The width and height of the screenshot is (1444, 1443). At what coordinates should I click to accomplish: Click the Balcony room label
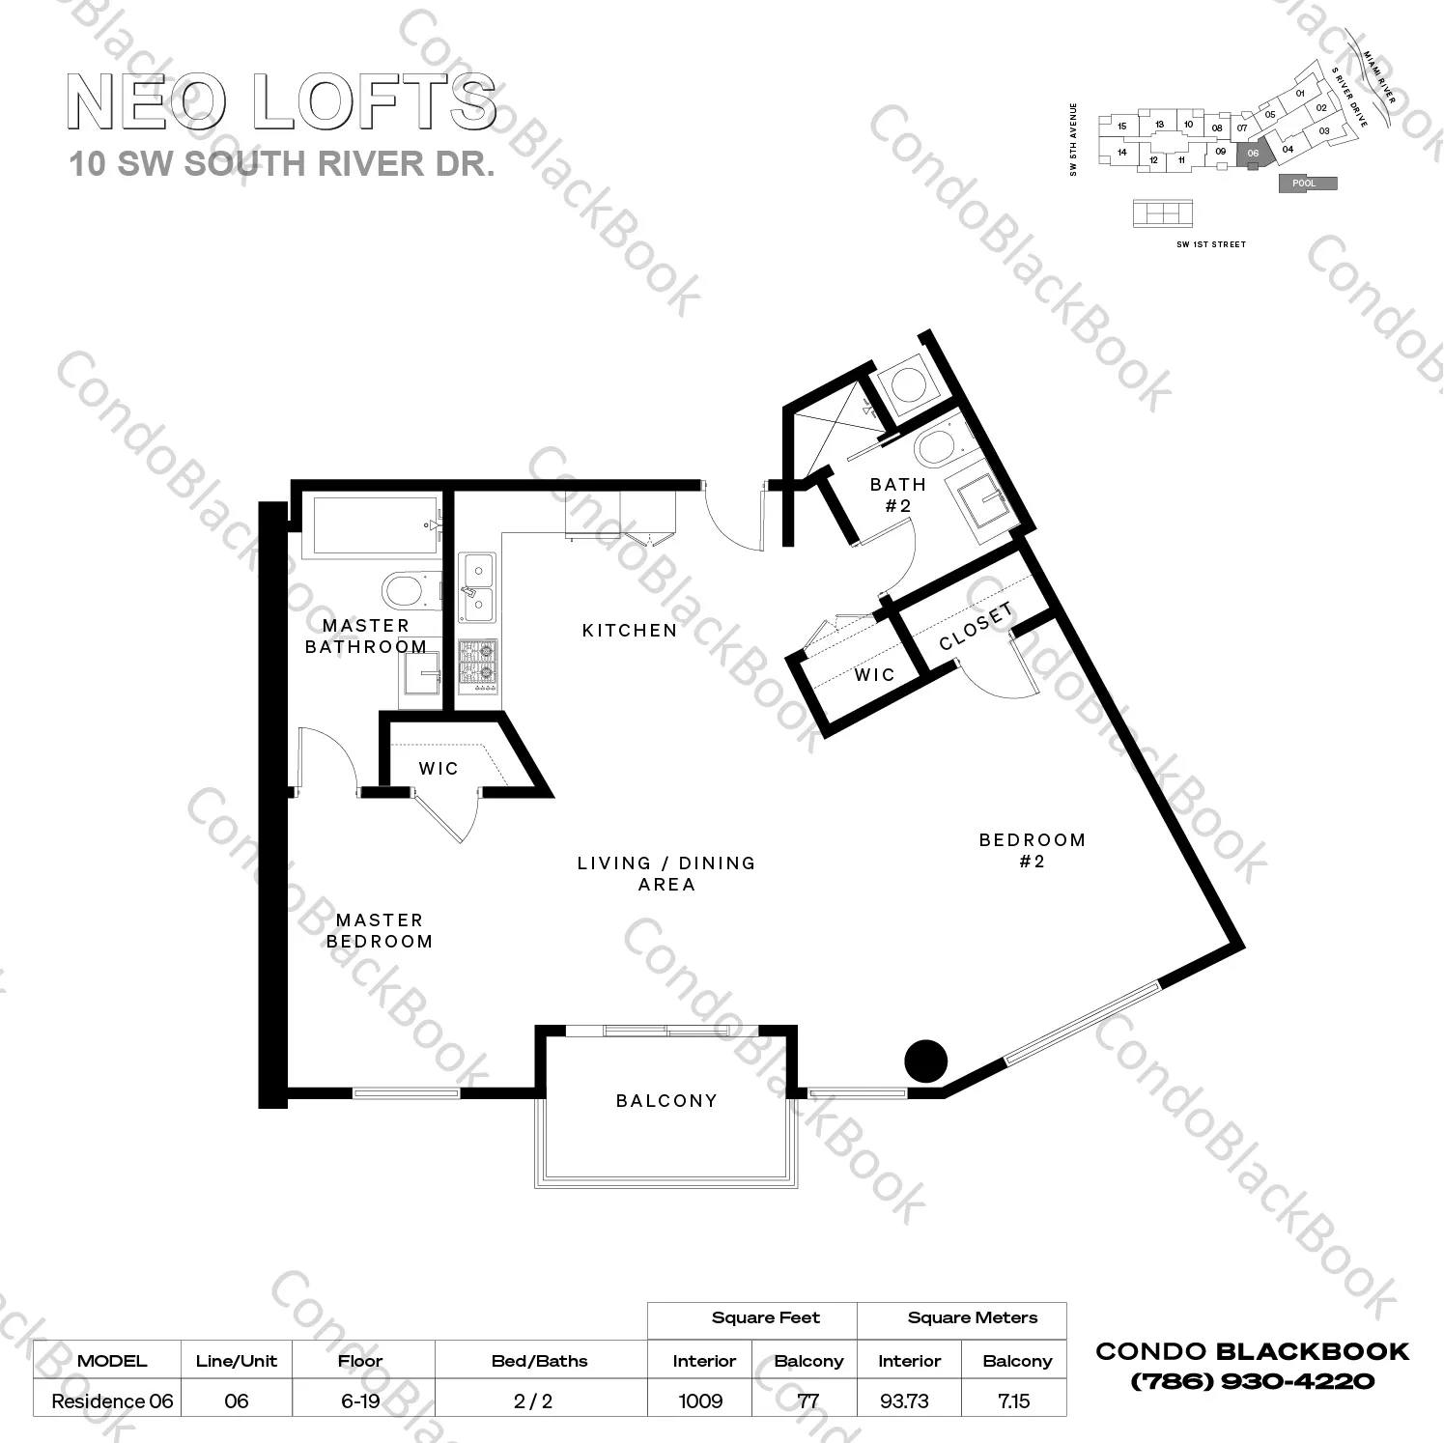[x=666, y=1100]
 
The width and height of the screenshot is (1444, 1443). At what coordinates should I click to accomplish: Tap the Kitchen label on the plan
[x=630, y=631]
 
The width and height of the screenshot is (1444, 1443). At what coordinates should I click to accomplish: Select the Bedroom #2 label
[x=1033, y=850]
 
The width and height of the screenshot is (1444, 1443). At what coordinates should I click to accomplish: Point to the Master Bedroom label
[x=380, y=931]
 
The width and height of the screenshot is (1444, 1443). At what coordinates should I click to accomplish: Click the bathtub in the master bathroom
[x=372, y=525]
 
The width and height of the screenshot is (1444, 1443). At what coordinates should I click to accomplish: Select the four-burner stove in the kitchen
[x=477, y=662]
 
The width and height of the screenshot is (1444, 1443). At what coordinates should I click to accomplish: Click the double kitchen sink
[x=477, y=587]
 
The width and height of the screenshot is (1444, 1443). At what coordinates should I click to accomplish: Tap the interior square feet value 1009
[x=701, y=1401]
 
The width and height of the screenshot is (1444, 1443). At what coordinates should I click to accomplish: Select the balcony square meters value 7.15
[x=1014, y=1401]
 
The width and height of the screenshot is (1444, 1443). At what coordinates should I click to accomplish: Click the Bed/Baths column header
[x=540, y=1361]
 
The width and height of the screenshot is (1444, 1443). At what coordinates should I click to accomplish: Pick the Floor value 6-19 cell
[x=360, y=1401]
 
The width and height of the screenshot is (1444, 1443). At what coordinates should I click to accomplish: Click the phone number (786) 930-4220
[x=1252, y=1381]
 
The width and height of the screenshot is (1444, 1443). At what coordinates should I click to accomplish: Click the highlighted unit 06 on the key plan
[x=1253, y=153]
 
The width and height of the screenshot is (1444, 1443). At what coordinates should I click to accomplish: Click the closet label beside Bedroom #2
[x=977, y=626]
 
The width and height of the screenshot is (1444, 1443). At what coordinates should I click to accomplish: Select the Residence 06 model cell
[x=112, y=1401]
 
